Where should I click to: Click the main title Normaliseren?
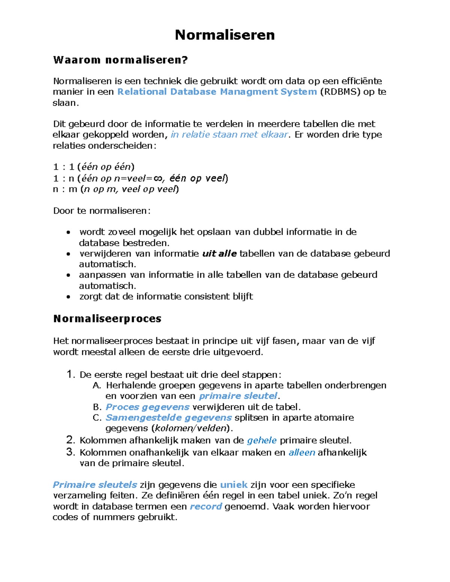(225, 35)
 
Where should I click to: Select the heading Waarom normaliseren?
(120, 60)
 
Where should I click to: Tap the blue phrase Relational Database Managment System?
(217, 92)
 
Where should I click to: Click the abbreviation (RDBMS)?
(340, 92)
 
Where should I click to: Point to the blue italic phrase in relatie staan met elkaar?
(229, 135)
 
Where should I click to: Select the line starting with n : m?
(116, 189)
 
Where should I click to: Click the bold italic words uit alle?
(219, 254)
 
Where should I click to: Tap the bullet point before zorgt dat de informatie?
(68, 297)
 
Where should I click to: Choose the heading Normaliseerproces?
(107, 319)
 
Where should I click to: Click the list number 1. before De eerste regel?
(71, 374)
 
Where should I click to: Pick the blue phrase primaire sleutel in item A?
(238, 396)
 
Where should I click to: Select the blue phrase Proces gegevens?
(147, 407)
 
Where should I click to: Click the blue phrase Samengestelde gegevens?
(169, 417)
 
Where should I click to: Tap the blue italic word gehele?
(262, 440)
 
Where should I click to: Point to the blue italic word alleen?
(301, 453)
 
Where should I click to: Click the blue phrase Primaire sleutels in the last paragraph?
(95, 485)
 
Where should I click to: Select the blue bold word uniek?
(234, 485)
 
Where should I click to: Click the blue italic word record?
(206, 507)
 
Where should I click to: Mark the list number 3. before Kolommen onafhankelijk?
(71, 452)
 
